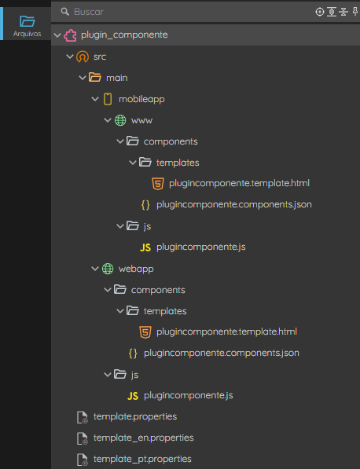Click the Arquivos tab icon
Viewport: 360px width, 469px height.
pos(27,21)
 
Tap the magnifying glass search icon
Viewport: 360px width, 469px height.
pos(64,12)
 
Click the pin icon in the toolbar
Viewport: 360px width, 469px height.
pos(355,12)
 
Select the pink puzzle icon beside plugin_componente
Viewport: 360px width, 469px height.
pos(70,35)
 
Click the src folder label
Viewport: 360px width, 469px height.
pos(100,57)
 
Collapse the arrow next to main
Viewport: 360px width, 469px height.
pos(83,78)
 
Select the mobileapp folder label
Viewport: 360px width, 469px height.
pos(141,99)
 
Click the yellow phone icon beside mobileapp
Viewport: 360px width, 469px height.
pos(108,99)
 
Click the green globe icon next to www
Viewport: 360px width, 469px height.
pos(120,120)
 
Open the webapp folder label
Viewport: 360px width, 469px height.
pos(136,269)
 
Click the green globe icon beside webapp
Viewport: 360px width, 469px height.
pos(108,269)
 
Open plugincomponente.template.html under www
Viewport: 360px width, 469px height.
pos(239,183)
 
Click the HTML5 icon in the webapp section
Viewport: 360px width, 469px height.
pos(145,332)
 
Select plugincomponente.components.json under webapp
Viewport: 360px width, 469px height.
pos(222,353)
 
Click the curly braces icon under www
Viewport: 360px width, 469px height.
pos(145,205)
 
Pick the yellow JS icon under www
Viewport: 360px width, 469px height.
pos(145,247)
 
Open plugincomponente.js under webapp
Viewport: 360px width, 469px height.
pos(188,395)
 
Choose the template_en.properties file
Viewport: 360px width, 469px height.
pos(143,438)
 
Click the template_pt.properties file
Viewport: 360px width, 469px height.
pos(142,459)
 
